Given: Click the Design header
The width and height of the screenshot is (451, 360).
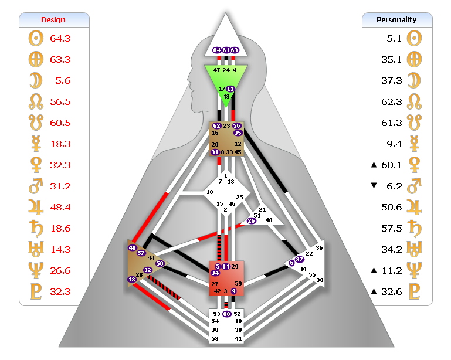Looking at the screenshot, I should point(53,19).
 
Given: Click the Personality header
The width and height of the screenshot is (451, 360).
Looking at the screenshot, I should point(396,19).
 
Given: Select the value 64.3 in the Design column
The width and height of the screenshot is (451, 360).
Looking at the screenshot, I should point(60,38).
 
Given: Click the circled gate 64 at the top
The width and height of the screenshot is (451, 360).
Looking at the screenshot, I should point(216,50).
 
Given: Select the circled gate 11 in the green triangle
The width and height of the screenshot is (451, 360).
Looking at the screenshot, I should point(230,89).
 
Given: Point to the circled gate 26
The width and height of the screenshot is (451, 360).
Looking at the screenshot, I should point(251,220).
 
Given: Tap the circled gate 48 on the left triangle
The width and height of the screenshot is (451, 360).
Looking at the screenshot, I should point(132,247).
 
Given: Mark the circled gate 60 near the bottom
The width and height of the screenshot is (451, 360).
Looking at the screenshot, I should point(226,314).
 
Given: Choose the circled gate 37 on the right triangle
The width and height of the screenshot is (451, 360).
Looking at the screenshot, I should point(300,259).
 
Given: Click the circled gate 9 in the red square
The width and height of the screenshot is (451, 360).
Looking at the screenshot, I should point(233,291).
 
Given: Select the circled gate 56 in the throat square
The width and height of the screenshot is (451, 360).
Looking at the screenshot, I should point(237,125).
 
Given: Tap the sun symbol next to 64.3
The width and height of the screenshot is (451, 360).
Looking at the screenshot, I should point(36,38).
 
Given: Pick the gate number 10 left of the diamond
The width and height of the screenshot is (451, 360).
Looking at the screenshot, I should point(209,192).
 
